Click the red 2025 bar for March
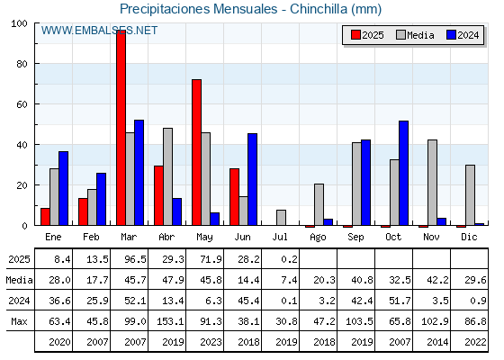[121, 128]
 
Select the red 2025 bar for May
[197, 152]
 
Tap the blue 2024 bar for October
[404, 173]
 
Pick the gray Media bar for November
[432, 183]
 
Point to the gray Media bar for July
[281, 218]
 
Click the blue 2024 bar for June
[253, 179]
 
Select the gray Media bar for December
[470, 195]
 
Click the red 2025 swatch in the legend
[355, 35]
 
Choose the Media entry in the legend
[415, 35]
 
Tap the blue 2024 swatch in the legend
[451, 35]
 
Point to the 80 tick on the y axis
[22, 64]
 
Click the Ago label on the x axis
[318, 238]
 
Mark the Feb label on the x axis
[91, 237]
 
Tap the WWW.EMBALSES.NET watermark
[99, 31]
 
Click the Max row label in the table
[19, 321]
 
